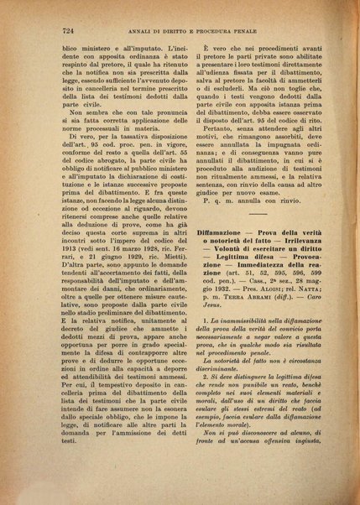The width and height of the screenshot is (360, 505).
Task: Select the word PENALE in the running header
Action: coord(277,30)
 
